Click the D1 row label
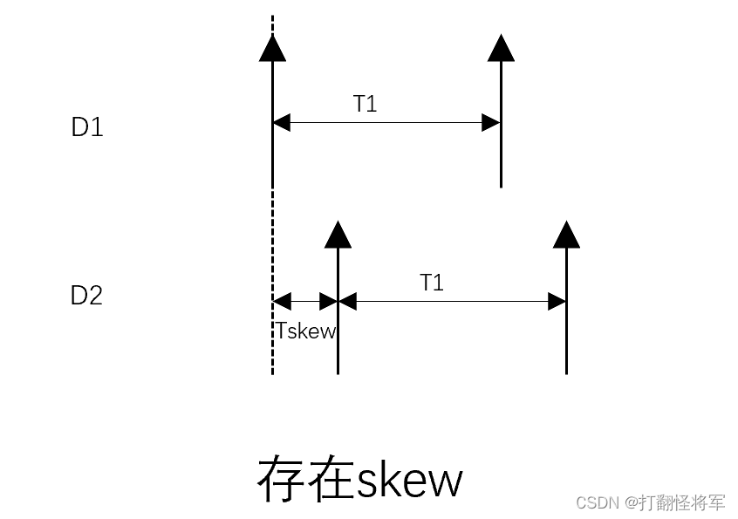87,127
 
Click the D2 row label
87,296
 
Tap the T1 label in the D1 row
366,104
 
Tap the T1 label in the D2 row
432,283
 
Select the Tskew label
306,331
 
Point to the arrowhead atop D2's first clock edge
338,234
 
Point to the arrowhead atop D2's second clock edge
566,234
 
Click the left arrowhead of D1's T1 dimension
280,123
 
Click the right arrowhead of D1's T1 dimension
492,123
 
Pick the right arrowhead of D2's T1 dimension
557,302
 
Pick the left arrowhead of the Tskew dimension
280,302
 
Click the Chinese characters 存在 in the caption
304,479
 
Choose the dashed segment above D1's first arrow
272,24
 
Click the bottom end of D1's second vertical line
501,186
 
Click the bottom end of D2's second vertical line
566,372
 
